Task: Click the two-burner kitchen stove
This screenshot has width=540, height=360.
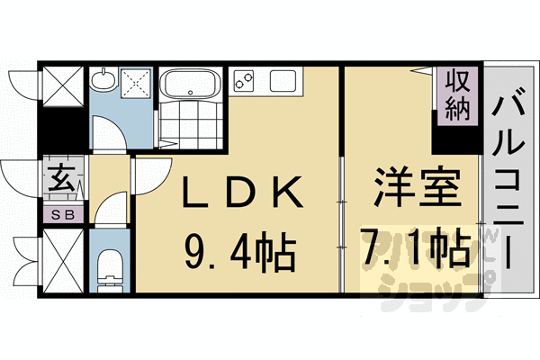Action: (x=243, y=81)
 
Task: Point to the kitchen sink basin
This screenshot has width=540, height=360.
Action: (x=283, y=81)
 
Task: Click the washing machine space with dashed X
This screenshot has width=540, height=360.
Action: (x=139, y=85)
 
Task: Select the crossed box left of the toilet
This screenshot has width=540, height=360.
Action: (x=63, y=259)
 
